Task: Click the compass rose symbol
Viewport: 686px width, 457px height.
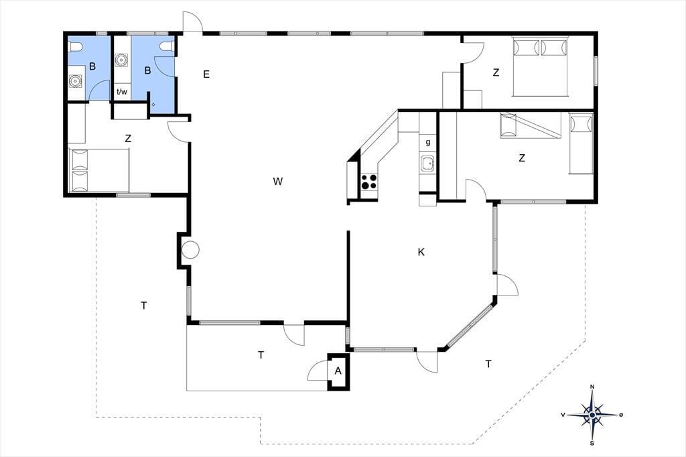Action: [x=592, y=415]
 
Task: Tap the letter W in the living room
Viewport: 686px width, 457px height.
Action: [x=277, y=181]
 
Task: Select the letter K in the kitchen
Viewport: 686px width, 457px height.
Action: [x=421, y=252]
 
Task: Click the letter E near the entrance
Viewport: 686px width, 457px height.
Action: [x=206, y=74]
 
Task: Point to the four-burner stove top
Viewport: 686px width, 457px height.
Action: [x=369, y=181]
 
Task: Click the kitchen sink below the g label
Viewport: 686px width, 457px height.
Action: [x=428, y=164]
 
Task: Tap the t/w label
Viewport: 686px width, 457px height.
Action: [x=122, y=92]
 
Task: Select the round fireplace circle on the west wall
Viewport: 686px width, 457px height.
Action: [x=190, y=249]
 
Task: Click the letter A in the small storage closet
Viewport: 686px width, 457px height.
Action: [x=338, y=371]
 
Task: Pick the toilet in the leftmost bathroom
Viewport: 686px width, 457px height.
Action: [x=75, y=46]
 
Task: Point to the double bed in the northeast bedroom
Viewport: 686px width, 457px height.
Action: [x=540, y=66]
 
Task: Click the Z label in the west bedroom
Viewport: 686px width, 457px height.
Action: [x=128, y=139]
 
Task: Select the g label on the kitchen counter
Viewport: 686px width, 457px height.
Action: [x=428, y=142]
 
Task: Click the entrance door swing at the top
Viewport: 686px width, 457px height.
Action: [x=192, y=21]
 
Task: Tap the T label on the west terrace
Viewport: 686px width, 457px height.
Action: [x=144, y=306]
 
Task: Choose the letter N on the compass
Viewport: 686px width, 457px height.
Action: [x=592, y=387]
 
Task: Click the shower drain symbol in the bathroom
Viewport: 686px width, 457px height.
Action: [x=153, y=105]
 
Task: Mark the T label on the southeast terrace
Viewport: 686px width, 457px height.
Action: [x=488, y=364]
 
